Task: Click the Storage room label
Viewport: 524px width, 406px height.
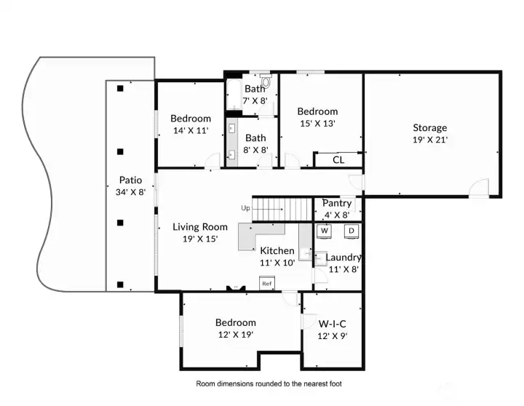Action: (430, 127)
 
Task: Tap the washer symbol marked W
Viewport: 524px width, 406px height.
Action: (325, 231)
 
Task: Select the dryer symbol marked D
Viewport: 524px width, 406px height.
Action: (350, 231)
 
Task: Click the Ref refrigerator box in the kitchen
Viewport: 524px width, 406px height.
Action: (267, 283)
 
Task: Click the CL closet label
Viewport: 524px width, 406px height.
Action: (338, 159)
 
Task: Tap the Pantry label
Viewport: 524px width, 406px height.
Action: (337, 203)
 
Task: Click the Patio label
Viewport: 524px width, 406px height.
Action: (131, 180)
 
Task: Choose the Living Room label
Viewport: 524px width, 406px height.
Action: (200, 227)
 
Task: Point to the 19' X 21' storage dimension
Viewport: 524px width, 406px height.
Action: (430, 140)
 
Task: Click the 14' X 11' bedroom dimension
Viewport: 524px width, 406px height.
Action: (191, 130)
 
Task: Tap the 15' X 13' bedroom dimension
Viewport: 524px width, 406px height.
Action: (318, 123)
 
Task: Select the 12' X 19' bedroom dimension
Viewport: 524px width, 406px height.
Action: (235, 335)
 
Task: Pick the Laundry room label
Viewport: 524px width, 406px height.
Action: (343, 257)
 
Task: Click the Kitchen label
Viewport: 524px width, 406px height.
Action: (277, 250)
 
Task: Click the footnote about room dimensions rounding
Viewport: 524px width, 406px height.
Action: (269, 383)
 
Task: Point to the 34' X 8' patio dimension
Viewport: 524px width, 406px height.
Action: (131, 192)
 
